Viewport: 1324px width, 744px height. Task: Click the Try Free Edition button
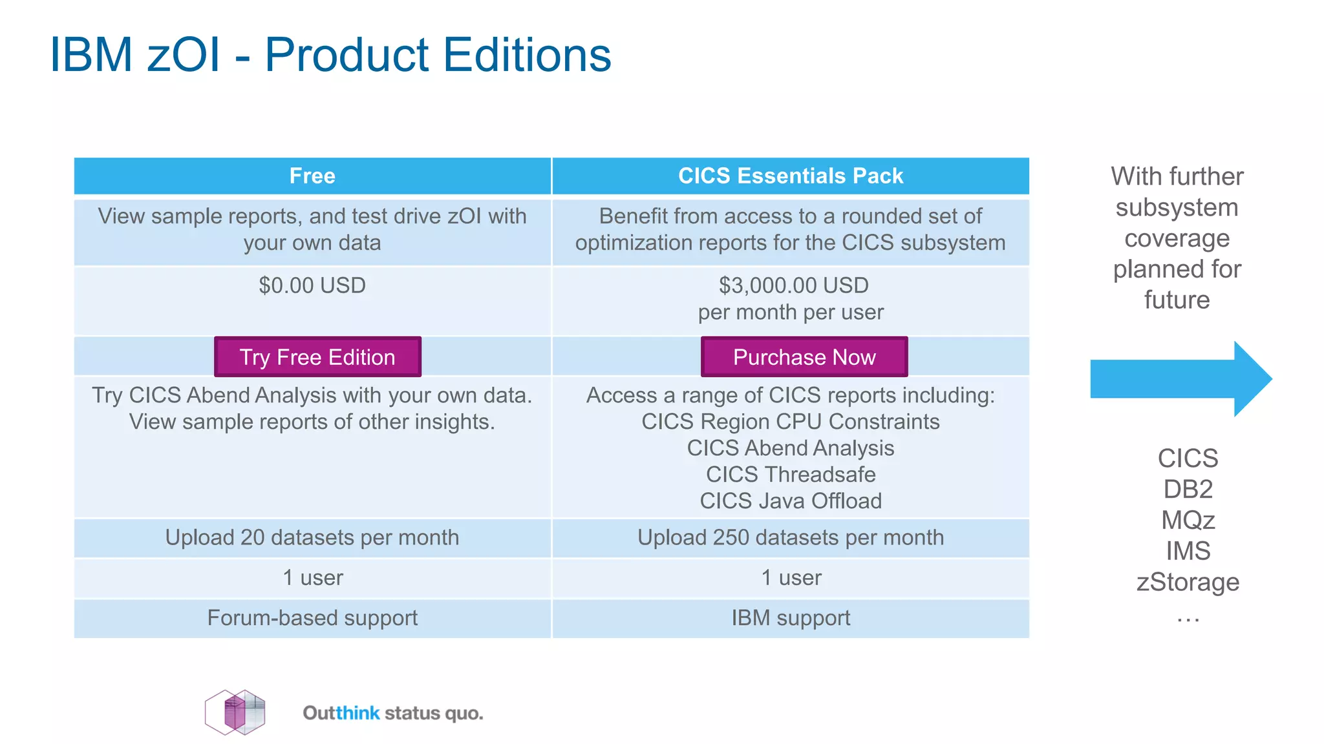(317, 356)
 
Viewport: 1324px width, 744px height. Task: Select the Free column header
(312, 176)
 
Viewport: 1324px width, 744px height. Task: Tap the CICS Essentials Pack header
(790, 176)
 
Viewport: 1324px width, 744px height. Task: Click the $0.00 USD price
(312, 285)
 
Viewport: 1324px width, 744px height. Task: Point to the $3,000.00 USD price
(793, 285)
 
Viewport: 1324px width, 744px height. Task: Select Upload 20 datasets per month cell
(312, 537)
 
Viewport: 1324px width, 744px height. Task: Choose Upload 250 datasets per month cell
(790, 537)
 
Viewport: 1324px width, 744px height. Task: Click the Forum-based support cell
(312, 617)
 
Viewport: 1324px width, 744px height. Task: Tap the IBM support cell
(790, 617)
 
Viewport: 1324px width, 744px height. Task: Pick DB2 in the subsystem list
(1188, 489)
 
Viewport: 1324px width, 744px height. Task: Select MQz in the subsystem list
(1188, 520)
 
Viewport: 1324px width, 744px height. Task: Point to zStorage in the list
(1188, 582)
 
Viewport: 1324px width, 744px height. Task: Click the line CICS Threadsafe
(790, 474)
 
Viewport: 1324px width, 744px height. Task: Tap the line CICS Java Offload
(790, 501)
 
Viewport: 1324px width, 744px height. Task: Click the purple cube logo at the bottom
(235, 712)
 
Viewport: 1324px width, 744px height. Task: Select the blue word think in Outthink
(358, 713)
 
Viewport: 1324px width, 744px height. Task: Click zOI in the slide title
(184, 54)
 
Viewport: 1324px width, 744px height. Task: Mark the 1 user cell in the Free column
(312, 577)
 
